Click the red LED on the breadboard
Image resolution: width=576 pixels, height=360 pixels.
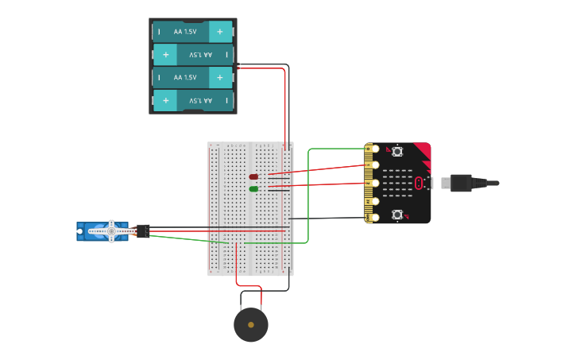pyautogui.click(x=253, y=176)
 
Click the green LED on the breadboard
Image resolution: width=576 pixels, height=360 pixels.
pyautogui.click(x=253, y=189)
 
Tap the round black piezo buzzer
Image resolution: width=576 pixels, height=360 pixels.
pyautogui.click(x=251, y=325)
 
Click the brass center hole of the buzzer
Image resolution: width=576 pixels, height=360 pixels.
pyautogui.click(x=251, y=325)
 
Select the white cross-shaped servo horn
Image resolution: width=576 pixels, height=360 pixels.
pyautogui.click(x=111, y=230)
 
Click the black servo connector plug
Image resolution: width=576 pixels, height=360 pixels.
pyautogui.click(x=143, y=231)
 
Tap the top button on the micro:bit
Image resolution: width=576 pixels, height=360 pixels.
pyautogui.click(x=397, y=151)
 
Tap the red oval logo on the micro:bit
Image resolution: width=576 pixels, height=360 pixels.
pyautogui.click(x=419, y=184)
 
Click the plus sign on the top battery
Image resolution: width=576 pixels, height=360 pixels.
pyautogui.click(x=220, y=32)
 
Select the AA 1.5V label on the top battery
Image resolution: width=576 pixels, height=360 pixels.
pyautogui.click(x=184, y=32)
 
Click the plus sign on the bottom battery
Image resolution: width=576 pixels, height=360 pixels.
pyautogui.click(x=165, y=101)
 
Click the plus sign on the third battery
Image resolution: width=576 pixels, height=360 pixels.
pyautogui.click(x=220, y=78)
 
